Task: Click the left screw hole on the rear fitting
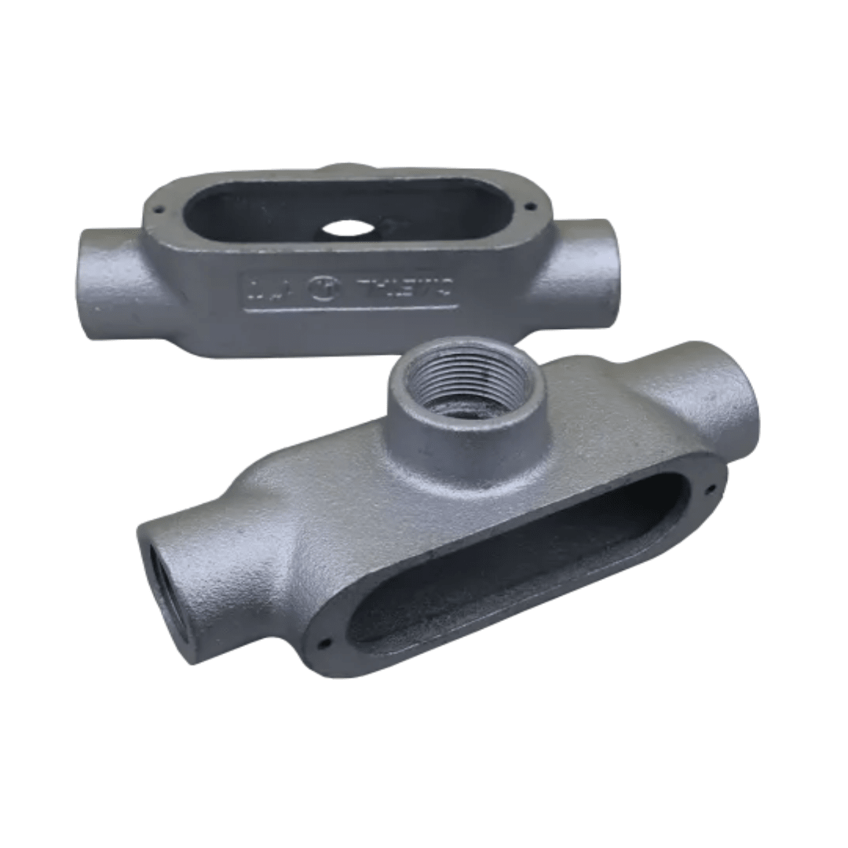point(158,210)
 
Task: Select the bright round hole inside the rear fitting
point(348,228)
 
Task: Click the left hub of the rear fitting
point(110,283)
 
